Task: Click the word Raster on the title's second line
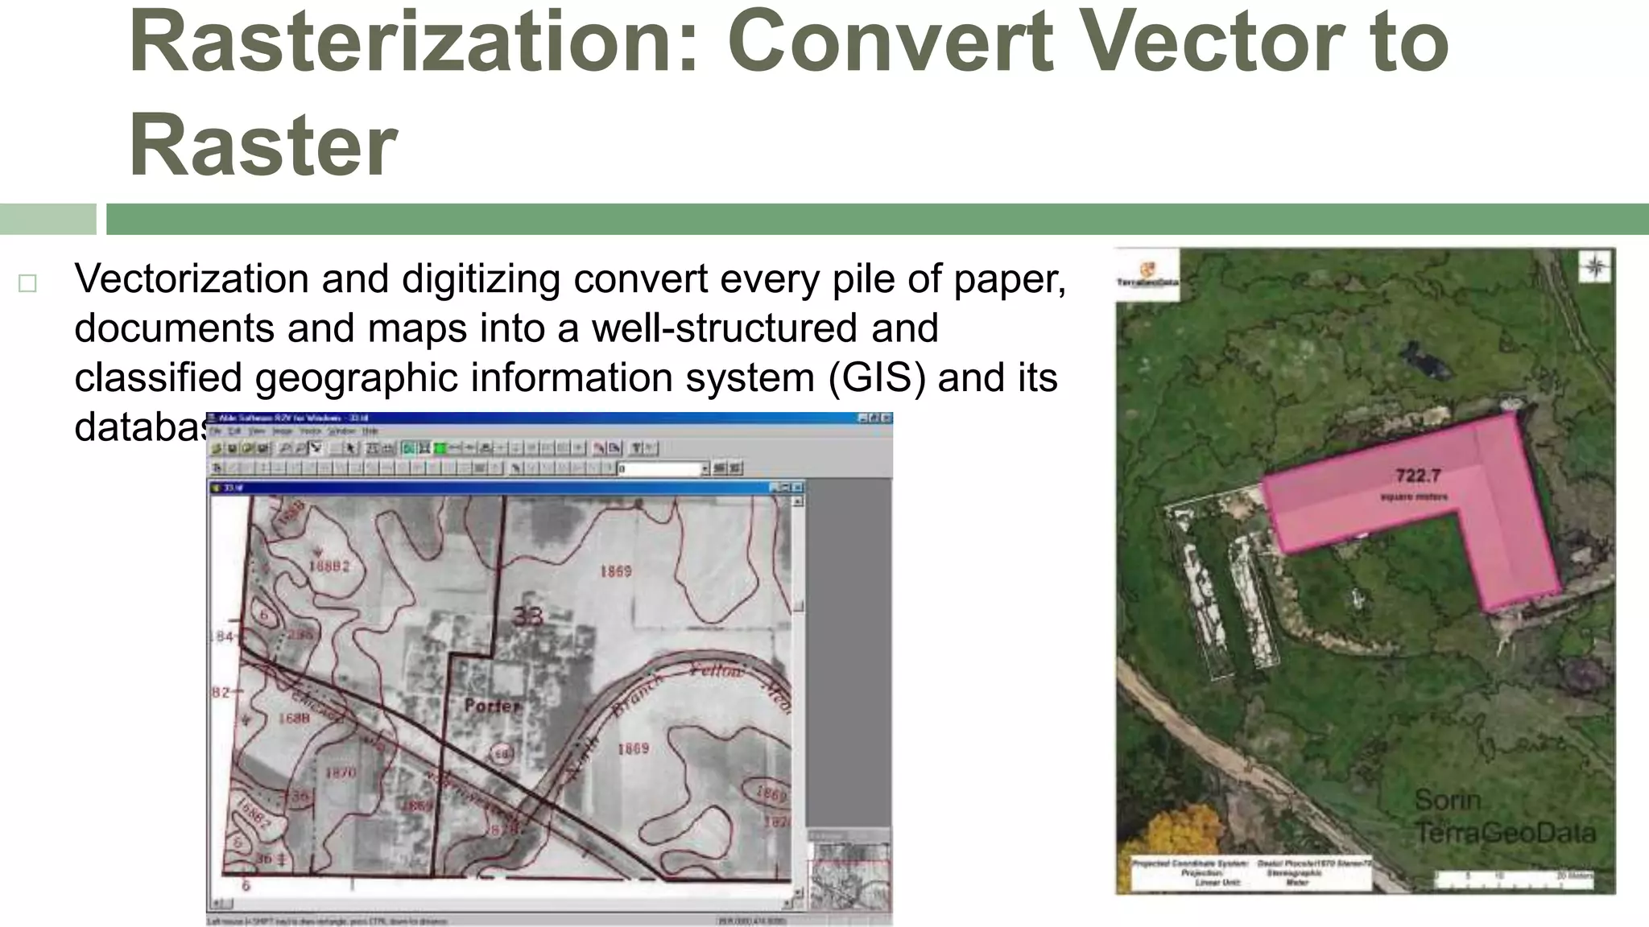pos(263,146)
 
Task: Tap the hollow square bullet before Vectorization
pos(27,283)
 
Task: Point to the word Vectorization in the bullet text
pos(191,279)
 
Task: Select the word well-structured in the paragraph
pos(725,328)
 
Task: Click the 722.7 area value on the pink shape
pos(1418,476)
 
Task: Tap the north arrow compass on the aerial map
pos(1594,267)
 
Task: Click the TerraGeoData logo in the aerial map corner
pos(1147,274)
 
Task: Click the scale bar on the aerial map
pos(1514,878)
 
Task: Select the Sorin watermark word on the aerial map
pos(1447,800)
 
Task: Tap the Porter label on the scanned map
pos(492,706)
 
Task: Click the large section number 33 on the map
pos(528,616)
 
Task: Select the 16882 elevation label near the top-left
pos(329,566)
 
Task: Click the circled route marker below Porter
pos(502,754)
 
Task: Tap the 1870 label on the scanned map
pos(340,772)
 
